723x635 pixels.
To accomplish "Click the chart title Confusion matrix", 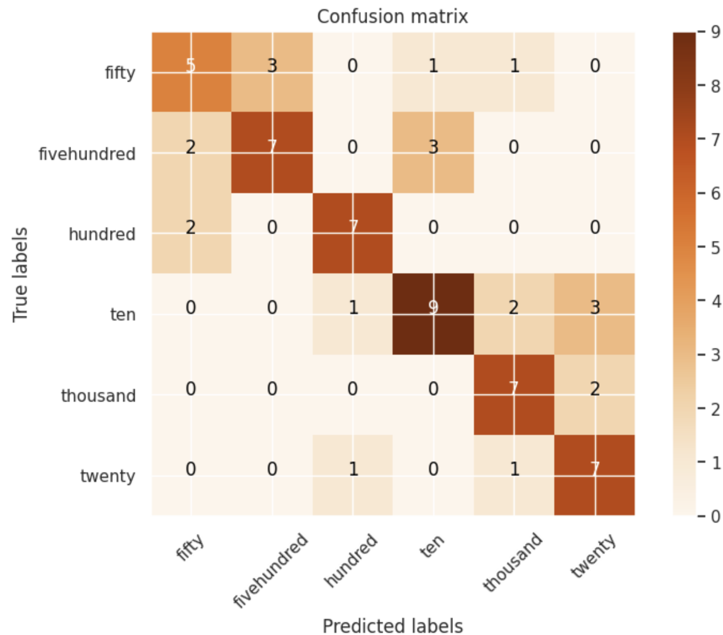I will click(392, 17).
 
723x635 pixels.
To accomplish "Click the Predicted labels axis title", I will click(393, 625).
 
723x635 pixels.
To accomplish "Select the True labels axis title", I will click(20, 274).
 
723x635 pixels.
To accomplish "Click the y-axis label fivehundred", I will click(87, 154).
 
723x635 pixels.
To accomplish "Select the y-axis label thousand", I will click(98, 396).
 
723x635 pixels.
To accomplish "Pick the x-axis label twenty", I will click(593, 557).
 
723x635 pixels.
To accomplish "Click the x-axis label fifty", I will click(191, 547).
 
